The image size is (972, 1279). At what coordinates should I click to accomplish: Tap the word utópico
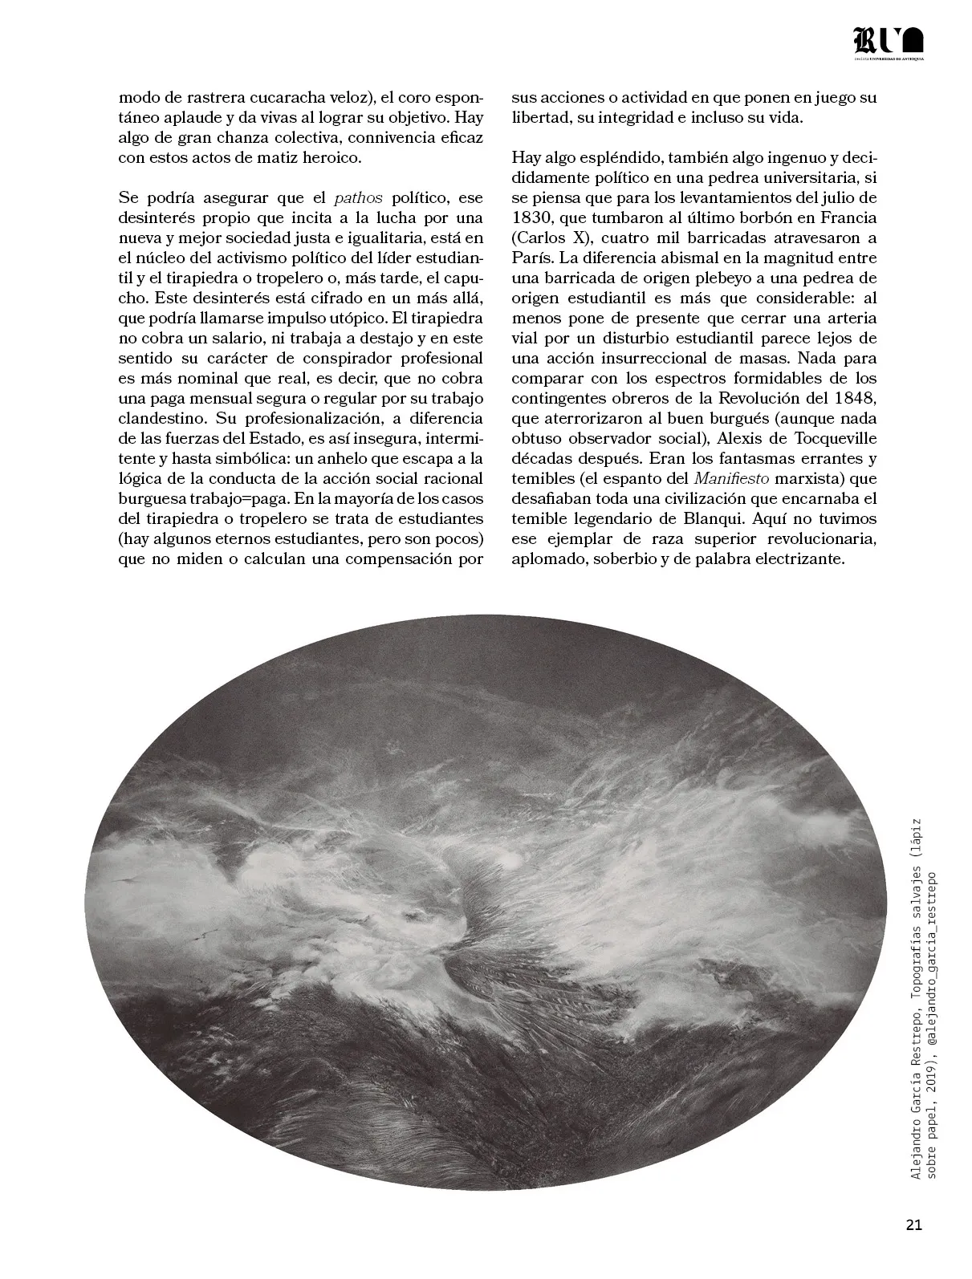(348, 318)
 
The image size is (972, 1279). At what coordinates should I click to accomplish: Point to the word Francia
(849, 217)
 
